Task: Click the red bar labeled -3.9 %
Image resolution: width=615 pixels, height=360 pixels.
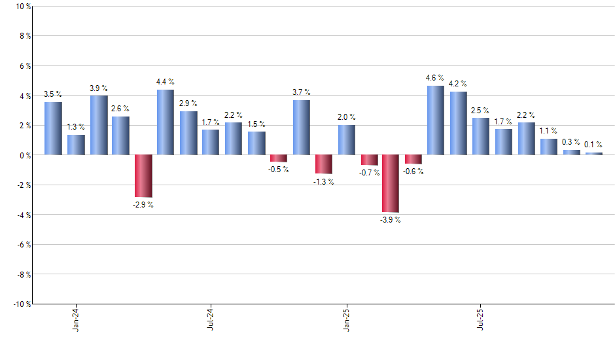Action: coord(391,183)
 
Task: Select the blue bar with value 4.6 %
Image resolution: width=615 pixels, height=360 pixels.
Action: coord(436,120)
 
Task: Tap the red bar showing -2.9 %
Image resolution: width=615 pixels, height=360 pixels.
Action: coord(143,175)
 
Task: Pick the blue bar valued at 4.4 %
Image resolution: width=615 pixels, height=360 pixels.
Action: coord(166,122)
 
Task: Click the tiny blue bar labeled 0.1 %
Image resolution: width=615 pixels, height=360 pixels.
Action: coord(594,153)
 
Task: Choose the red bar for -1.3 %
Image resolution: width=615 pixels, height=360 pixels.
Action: coord(323,164)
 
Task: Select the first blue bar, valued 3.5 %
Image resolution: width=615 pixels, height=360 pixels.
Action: coord(53,128)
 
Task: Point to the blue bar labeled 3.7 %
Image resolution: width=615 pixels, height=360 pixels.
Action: coord(301,127)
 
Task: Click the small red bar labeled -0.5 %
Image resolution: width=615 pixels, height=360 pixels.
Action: coord(279,158)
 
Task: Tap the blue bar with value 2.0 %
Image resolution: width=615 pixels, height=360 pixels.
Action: coord(346,140)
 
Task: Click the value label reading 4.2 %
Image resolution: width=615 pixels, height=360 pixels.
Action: coord(458,83)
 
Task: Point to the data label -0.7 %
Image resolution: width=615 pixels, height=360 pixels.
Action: coord(369,173)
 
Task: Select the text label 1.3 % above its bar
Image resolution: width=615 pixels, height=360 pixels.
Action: coord(76,126)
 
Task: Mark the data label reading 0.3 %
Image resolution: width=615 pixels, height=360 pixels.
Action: coord(571,141)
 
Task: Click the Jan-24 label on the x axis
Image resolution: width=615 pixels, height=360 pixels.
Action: coord(76,318)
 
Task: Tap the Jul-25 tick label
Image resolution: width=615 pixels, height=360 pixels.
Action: coord(481,318)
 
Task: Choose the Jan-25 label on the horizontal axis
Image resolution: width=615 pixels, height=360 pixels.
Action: coord(346,318)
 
